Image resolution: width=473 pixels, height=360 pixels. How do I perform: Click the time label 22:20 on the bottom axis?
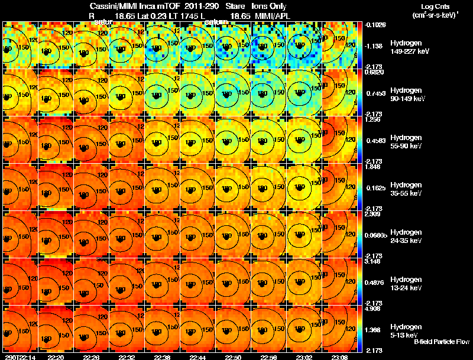click(x=56, y=356)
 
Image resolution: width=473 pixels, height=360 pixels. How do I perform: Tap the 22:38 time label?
click(x=163, y=356)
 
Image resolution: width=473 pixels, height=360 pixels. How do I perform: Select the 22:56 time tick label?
click(x=270, y=356)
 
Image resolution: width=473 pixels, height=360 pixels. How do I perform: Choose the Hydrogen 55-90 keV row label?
click(x=407, y=141)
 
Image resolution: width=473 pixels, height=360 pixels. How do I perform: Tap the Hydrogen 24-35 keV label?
click(x=407, y=236)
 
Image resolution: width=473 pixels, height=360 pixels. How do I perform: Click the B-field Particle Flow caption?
click(x=441, y=342)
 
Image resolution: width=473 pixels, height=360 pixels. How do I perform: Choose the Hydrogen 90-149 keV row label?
click(x=407, y=94)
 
